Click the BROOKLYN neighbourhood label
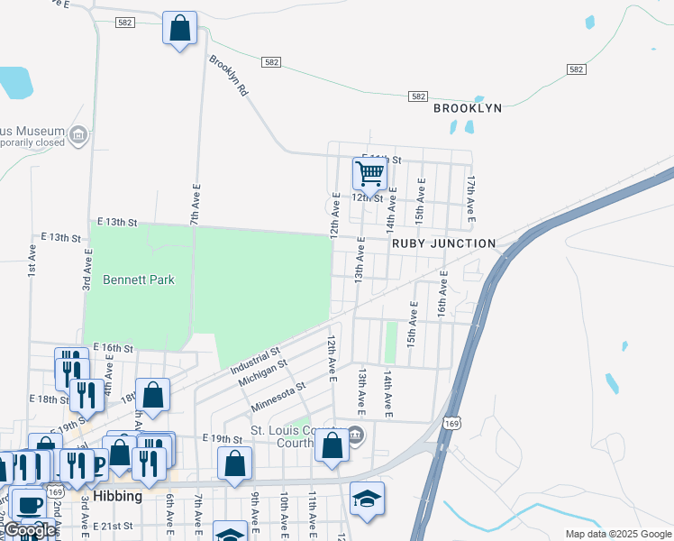[x=467, y=108]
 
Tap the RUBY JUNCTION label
[x=443, y=243]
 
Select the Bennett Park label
[x=138, y=280]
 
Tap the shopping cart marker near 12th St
[x=369, y=172]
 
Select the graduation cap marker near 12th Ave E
[x=367, y=500]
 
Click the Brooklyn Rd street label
[x=228, y=78]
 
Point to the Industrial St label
[x=255, y=358]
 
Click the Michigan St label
[x=262, y=372]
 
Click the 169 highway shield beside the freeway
[x=453, y=423]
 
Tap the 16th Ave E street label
[x=442, y=295]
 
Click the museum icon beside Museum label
[x=78, y=135]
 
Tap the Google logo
[x=30, y=530]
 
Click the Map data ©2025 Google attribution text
[x=617, y=534]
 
